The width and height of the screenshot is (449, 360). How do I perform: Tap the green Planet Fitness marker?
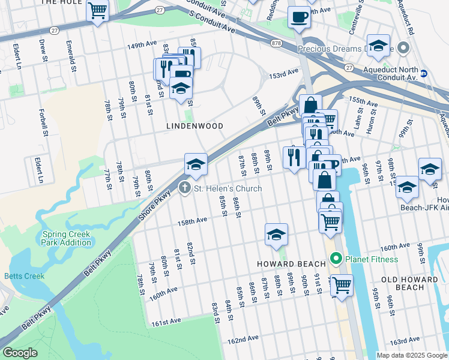click(336, 259)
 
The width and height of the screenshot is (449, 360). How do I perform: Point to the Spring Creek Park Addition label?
click(67, 238)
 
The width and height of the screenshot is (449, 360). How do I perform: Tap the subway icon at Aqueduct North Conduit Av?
click(424, 74)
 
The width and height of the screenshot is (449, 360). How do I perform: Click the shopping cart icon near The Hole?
click(97, 10)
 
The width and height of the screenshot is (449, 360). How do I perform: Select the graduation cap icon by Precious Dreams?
click(378, 46)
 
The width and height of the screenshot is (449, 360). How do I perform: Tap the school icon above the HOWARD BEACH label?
click(276, 234)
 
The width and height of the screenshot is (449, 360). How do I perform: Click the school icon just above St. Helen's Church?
click(196, 164)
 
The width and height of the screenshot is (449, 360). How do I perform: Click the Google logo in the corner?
click(20, 353)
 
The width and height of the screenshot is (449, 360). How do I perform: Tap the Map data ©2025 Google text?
click(411, 355)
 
